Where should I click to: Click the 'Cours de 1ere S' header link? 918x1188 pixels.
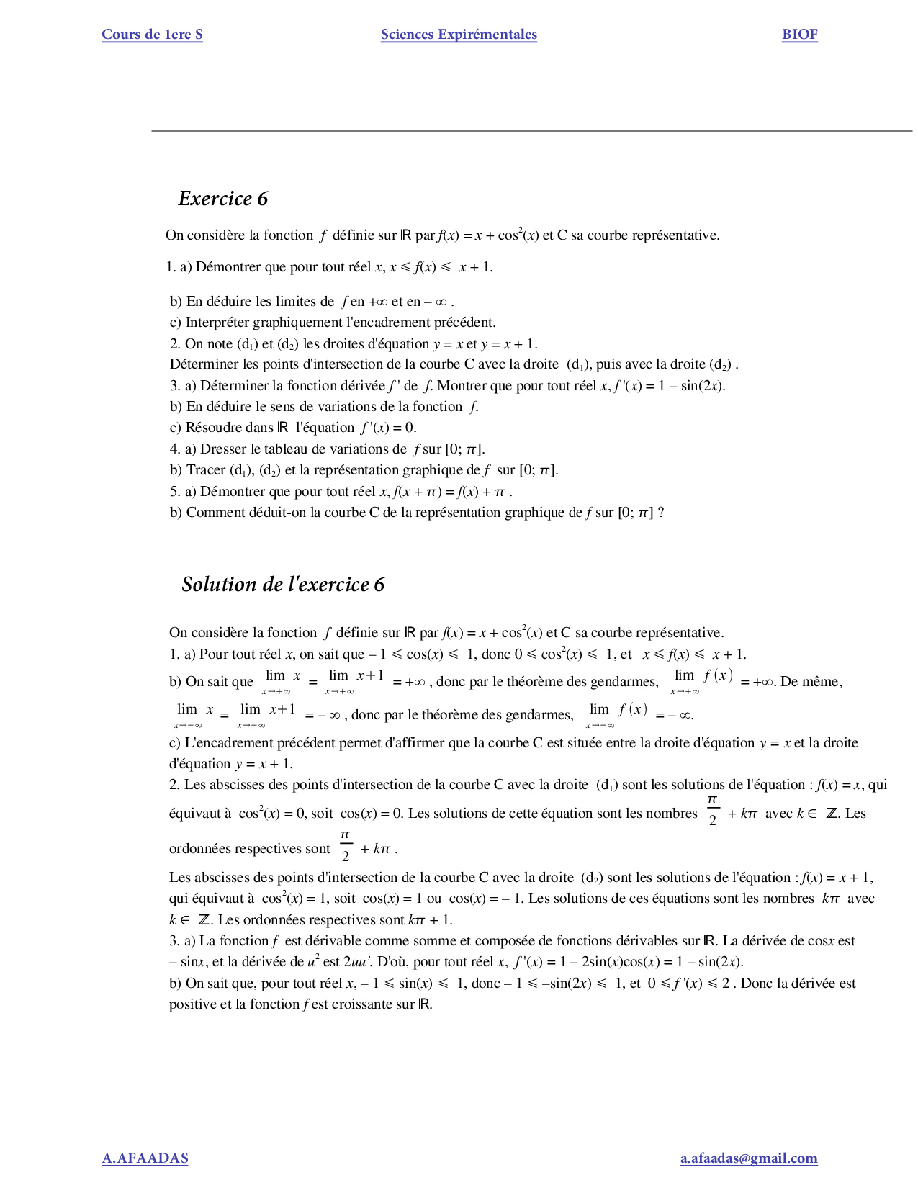point(152,35)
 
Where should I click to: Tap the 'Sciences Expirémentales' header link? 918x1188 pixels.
point(459,35)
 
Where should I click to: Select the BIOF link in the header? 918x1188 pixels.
point(799,35)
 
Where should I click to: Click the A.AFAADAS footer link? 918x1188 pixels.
point(145,1158)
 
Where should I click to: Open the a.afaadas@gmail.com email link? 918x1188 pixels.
point(748,1158)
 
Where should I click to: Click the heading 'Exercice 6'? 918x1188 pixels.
point(222,199)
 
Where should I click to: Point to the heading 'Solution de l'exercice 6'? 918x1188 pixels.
point(283,584)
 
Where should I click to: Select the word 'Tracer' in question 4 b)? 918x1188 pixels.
point(206,470)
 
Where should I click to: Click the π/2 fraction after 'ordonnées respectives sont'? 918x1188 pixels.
point(346,846)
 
